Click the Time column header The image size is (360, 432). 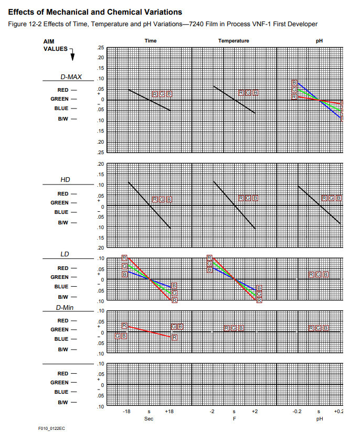click(x=150, y=41)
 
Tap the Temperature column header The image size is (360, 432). click(x=234, y=41)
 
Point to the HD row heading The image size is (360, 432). click(x=65, y=179)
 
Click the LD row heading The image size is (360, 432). click(x=65, y=254)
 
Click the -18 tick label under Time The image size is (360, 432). click(x=126, y=412)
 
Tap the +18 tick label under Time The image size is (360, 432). click(x=169, y=412)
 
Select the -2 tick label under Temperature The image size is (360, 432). click(x=212, y=412)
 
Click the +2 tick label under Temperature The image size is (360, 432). click(x=255, y=412)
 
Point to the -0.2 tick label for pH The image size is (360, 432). click(x=297, y=412)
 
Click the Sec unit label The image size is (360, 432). click(x=149, y=419)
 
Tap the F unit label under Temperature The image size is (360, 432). click(x=234, y=419)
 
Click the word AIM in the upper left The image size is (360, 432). click(x=49, y=41)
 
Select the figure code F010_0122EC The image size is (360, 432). click(x=51, y=428)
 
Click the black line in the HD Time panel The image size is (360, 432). click(x=150, y=205)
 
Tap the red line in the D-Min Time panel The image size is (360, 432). click(x=150, y=332)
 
